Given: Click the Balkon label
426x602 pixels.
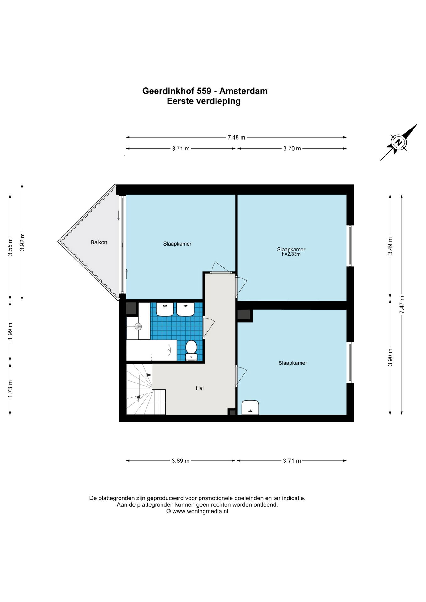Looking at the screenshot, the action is [99, 242].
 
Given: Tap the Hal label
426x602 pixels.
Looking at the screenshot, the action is [200, 388].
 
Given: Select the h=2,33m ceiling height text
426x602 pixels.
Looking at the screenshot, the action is [291, 254].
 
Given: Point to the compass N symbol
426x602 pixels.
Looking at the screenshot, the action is [399, 142].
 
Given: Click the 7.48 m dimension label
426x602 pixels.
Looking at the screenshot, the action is [236, 137].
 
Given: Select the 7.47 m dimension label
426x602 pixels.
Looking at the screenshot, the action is [402, 305].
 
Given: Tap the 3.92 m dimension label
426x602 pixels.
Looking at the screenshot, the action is [22, 242].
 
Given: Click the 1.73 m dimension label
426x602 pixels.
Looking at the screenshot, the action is [10, 389].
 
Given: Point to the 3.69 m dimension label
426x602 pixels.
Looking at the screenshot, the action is [180, 461].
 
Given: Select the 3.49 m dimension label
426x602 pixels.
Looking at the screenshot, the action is [390, 246].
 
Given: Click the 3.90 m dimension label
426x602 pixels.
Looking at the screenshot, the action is [390, 357].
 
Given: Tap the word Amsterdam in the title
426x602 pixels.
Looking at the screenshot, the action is [243, 91].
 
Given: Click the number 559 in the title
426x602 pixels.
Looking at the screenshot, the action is [204, 91].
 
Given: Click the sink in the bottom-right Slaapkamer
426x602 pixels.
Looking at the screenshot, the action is [250, 407].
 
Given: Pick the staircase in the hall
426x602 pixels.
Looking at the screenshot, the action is [146, 389].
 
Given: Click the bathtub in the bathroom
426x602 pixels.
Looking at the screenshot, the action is [152, 350].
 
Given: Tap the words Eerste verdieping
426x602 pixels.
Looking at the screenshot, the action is [204, 101].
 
